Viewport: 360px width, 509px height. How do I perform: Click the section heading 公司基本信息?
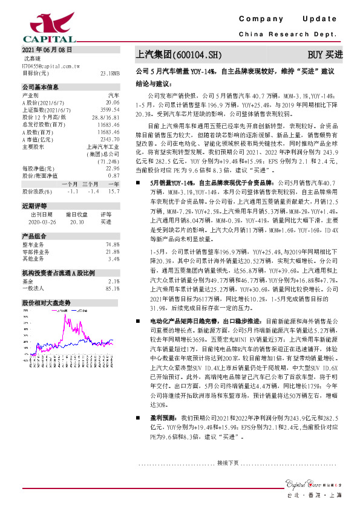click(x=41, y=87)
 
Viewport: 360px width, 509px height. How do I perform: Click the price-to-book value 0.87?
click(x=114, y=158)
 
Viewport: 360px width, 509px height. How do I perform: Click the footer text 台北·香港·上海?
click(x=316, y=496)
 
